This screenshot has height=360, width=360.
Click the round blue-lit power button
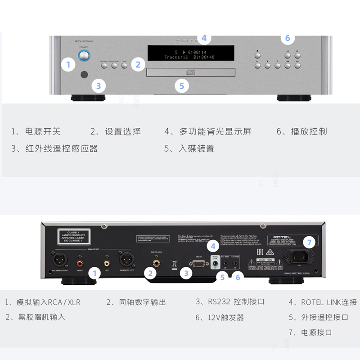(x=84, y=56)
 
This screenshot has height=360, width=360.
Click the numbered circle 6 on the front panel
(x=288, y=38)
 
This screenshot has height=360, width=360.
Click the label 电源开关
(x=42, y=132)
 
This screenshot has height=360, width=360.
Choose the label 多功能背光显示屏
(x=215, y=132)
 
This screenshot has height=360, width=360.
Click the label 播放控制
(x=309, y=132)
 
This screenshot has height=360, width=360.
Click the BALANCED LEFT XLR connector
(x=126, y=260)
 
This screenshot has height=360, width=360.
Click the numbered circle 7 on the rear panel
(x=309, y=242)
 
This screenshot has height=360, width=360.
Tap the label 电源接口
(x=317, y=333)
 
